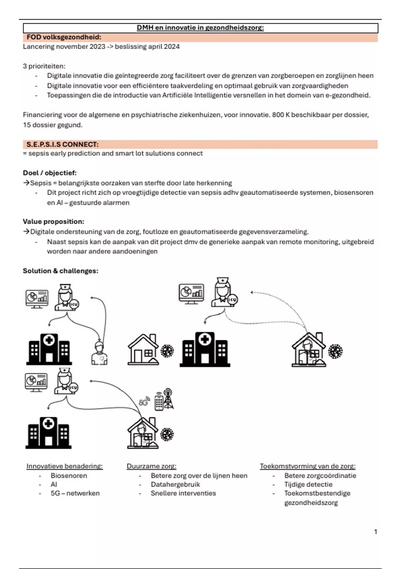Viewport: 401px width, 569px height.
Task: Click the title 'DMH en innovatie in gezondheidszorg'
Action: click(200, 28)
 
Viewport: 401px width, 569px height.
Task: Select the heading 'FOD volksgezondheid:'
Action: click(64, 37)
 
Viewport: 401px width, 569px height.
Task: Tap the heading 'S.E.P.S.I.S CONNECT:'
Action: click(62, 145)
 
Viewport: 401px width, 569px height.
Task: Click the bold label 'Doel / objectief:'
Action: click(50, 173)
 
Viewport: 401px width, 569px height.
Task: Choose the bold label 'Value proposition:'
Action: click(53, 222)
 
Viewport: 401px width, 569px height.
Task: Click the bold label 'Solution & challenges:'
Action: click(60, 271)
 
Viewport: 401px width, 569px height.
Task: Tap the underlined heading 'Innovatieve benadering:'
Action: click(64, 466)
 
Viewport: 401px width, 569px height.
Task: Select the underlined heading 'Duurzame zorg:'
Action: click(151, 466)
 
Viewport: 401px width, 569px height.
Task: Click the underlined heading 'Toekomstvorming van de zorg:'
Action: click(307, 466)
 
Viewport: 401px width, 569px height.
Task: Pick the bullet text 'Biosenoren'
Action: click(69, 476)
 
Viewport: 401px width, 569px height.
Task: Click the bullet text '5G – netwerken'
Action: click(75, 493)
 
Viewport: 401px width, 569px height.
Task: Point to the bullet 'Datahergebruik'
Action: click(175, 484)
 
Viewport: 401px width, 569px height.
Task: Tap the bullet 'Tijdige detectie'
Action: click(308, 484)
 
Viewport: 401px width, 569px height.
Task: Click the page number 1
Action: click(376, 532)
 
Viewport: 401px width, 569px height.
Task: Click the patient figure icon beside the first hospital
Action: click(99, 353)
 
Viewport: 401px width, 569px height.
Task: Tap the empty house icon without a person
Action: click(143, 350)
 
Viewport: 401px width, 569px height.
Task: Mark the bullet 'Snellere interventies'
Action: click(183, 493)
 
